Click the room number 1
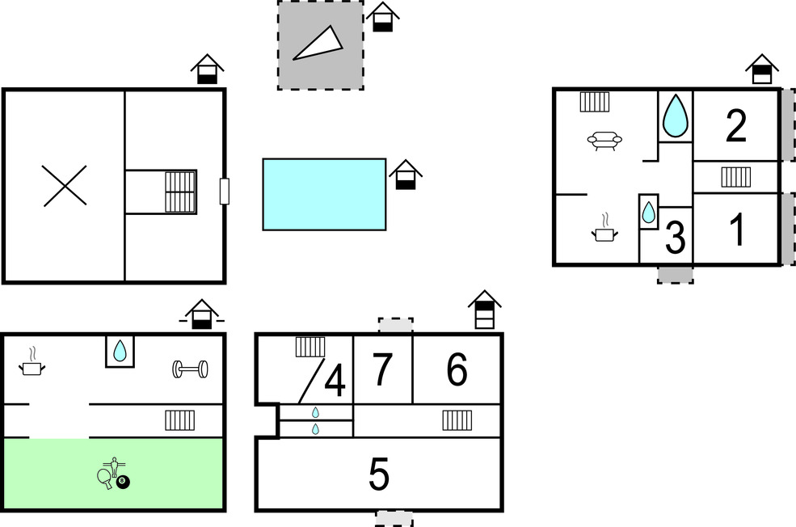737,230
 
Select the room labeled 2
736,125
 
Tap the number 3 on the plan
675,237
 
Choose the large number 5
379,474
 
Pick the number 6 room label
457,369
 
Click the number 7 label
382,369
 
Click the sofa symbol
604,141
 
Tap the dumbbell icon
190,369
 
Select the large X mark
65,186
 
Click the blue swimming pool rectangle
324,195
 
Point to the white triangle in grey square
318,43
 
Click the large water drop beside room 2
676,116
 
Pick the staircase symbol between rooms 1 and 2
736,177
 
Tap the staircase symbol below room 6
457,420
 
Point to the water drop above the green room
120,351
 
